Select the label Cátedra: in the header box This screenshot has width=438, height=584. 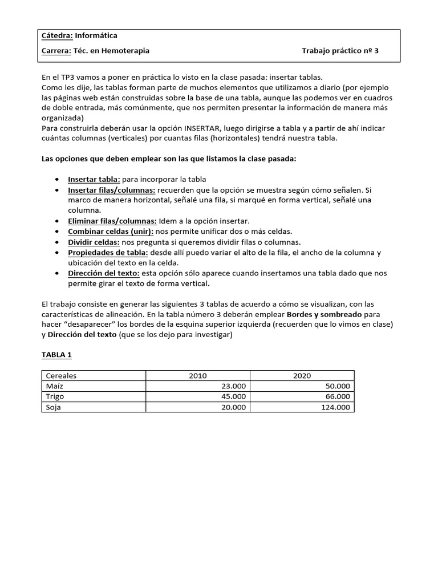click(x=58, y=36)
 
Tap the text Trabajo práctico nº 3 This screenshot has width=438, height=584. click(x=340, y=51)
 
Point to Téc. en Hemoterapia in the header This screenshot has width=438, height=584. click(x=112, y=51)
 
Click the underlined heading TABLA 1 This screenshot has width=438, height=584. click(x=56, y=355)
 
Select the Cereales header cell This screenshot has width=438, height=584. click(x=60, y=376)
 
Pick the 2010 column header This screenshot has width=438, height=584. click(x=198, y=376)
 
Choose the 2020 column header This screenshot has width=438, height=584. click(x=302, y=376)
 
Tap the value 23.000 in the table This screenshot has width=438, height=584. click(x=233, y=386)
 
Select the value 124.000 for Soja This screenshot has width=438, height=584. click(x=335, y=407)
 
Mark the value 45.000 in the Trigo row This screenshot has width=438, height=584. click(x=233, y=397)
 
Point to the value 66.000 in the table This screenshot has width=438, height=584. click(x=338, y=397)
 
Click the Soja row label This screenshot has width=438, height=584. click(x=53, y=407)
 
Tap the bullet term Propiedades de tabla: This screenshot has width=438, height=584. click(x=108, y=252)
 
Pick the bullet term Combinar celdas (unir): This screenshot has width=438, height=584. click(x=111, y=231)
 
